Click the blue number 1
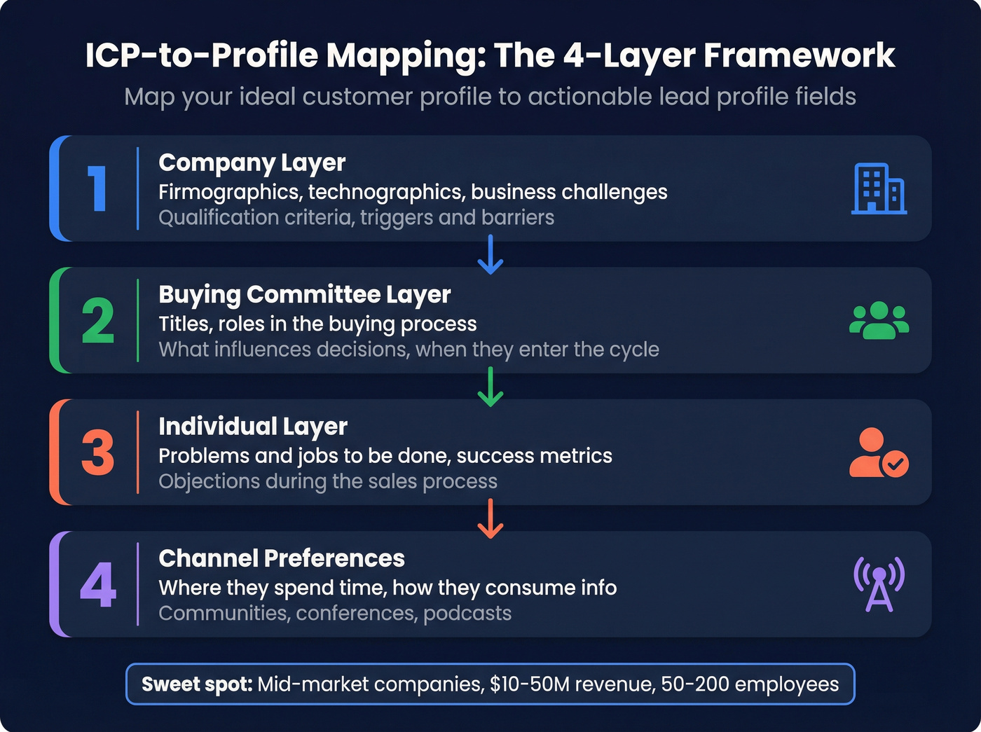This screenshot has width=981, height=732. pos(97,188)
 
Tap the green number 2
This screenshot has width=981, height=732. pos(98,321)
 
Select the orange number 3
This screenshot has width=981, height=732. pos(98,453)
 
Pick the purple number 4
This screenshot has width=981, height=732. pos(98,585)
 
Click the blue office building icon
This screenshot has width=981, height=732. pos(879,188)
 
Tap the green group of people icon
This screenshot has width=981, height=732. pos(879,321)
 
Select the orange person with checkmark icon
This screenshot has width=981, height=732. pos(879,453)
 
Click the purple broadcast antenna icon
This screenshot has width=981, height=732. pos(879,584)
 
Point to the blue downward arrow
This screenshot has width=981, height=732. pos(490,254)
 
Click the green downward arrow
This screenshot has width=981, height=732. pos(490,387)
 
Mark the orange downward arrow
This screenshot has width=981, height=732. pos(490,518)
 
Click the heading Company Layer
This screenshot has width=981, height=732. pos(252,163)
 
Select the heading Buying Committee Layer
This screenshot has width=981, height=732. pos(305,295)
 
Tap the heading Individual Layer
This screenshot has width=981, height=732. pos(253,427)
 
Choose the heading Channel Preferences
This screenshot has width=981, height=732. pos(282,558)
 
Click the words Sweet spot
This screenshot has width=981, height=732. pos(197,684)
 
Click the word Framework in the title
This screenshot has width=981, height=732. pos(800,55)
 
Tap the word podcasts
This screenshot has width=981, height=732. pos(467,614)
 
